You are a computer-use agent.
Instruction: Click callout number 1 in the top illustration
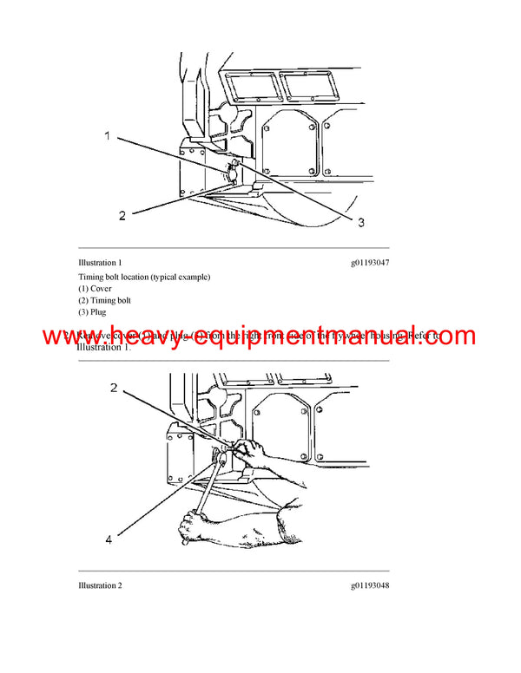[x=108, y=136]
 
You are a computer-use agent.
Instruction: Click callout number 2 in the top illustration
[x=122, y=215]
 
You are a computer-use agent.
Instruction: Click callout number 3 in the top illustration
[x=360, y=222]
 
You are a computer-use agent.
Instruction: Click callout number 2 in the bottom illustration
[x=113, y=388]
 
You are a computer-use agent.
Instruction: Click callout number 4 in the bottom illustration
[x=109, y=539]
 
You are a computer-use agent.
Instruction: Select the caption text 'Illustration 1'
[x=100, y=262]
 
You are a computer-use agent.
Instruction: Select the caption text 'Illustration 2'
[x=100, y=585]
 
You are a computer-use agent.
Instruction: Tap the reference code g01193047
[x=370, y=262]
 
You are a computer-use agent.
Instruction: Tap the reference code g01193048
[x=370, y=585]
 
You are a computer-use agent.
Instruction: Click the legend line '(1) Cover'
[x=95, y=289]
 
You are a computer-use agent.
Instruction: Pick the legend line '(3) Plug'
[x=92, y=312]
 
